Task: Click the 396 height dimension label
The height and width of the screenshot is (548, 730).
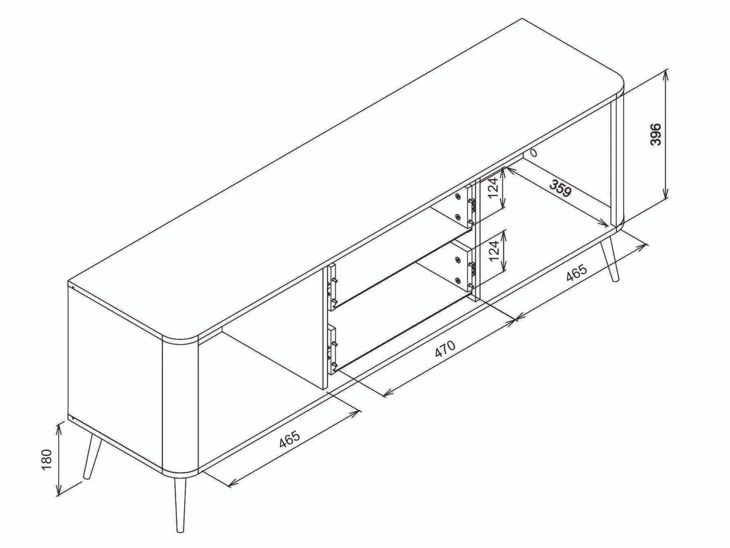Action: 655,134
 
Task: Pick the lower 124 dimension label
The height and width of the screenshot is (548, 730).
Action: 494,250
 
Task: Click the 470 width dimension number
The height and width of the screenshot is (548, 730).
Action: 445,349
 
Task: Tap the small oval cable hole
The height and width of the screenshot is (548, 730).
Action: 533,153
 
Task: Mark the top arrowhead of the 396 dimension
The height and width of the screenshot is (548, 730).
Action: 665,75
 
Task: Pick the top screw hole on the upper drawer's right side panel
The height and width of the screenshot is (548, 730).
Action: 458,196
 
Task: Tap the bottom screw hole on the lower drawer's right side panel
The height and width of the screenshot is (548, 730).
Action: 458,280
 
